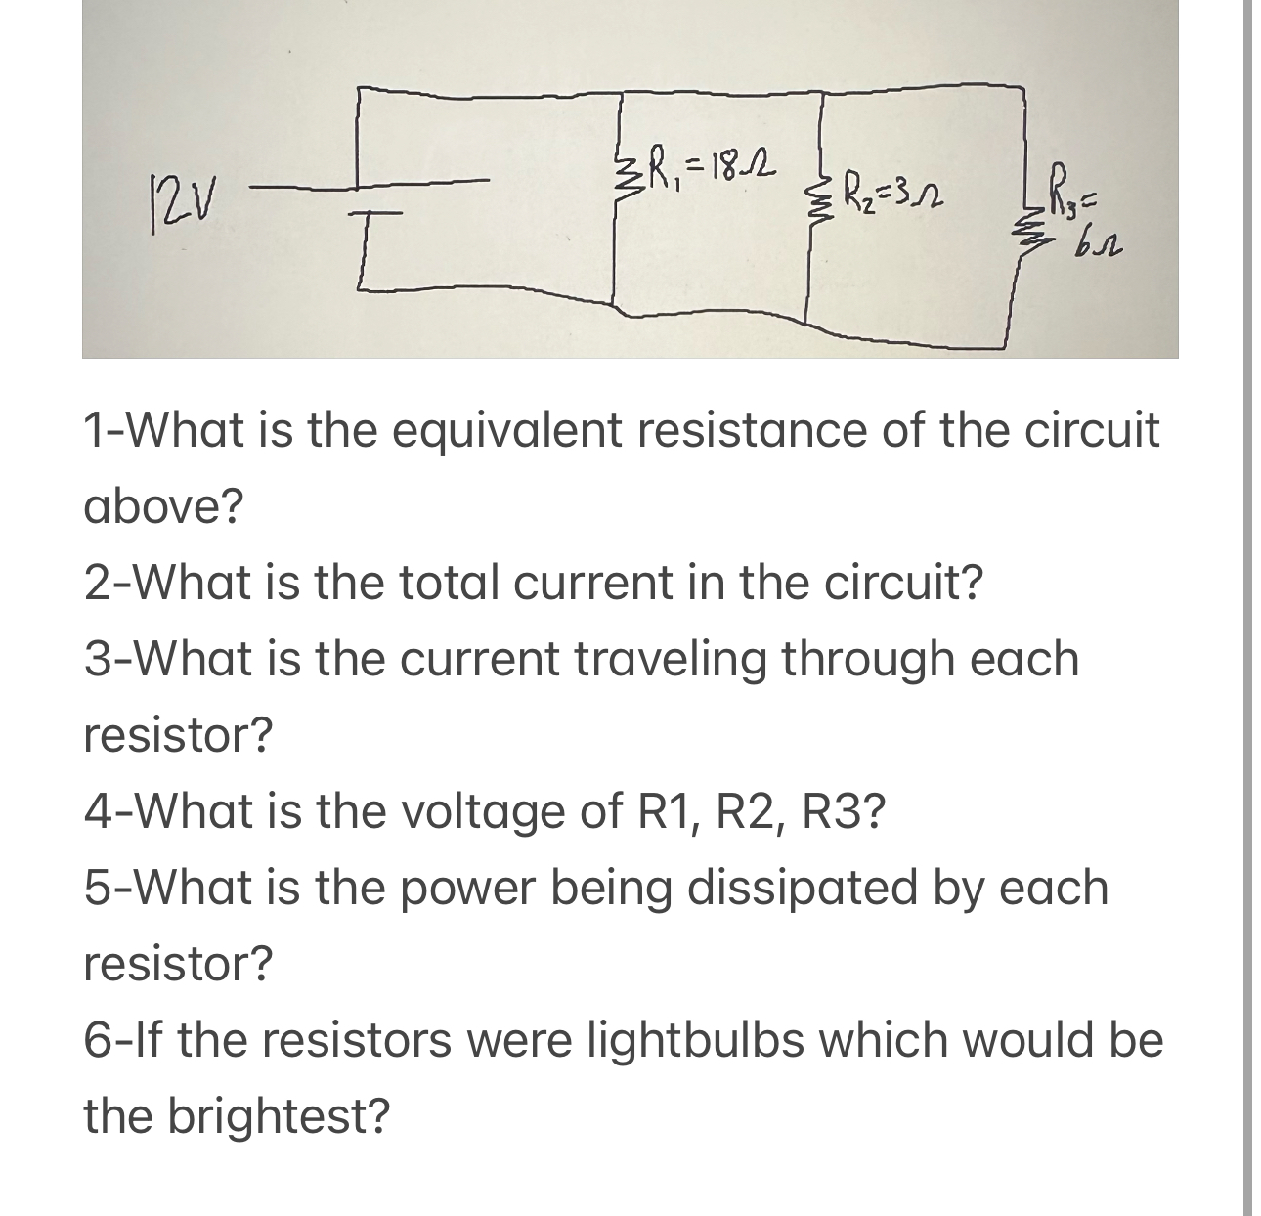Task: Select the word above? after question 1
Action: tap(163, 507)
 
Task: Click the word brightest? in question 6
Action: tap(279, 1116)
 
